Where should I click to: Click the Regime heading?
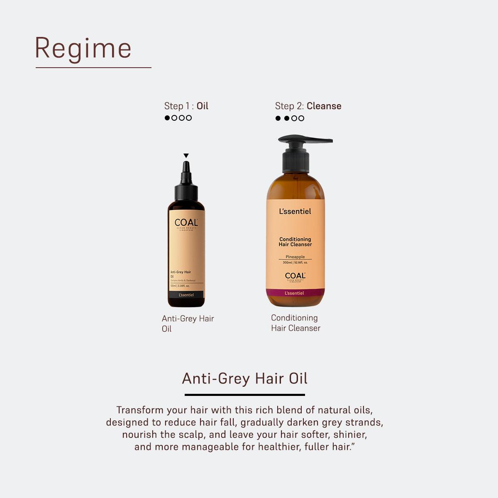[83, 48]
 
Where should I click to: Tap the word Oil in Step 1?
[202, 106]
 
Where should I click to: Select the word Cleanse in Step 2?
[324, 106]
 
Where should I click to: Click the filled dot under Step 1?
[167, 118]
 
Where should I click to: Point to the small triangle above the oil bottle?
[186, 156]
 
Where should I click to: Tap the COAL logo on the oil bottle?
[186, 223]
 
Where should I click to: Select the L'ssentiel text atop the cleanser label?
[295, 211]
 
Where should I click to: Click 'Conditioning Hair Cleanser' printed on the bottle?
[295, 242]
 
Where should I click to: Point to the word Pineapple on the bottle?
[295, 257]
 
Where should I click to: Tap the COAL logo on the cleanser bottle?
[295, 276]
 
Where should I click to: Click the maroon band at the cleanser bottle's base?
[295, 293]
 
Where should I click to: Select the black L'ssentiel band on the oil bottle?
[186, 295]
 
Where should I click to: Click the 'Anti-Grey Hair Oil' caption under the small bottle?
[188, 323]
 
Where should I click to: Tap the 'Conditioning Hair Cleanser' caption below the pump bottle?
[295, 323]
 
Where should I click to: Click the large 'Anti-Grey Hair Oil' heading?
[245, 378]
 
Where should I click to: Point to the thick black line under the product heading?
[245, 395]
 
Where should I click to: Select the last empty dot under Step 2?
[301, 118]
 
